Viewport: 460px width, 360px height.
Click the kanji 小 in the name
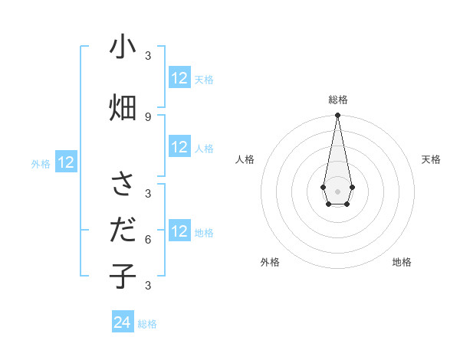[x=123, y=48]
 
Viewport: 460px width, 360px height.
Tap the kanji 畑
[x=123, y=107]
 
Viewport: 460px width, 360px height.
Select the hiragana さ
[x=123, y=185]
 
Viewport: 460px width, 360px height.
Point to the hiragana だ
[x=123, y=230]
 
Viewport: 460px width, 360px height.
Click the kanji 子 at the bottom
[x=123, y=276]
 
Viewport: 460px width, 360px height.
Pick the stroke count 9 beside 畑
[x=148, y=116]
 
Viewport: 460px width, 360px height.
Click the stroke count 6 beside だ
[x=148, y=239]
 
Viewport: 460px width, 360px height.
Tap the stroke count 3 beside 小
[x=148, y=56]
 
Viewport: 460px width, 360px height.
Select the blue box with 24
[x=123, y=323]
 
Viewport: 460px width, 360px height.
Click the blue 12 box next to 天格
[x=179, y=78]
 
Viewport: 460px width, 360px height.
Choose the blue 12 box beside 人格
[x=179, y=148]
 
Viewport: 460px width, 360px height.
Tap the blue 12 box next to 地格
[x=179, y=232]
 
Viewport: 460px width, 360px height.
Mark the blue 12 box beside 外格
[x=66, y=162]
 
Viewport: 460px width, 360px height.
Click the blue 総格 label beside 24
[x=147, y=324]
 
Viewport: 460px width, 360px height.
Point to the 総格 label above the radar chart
[x=338, y=100]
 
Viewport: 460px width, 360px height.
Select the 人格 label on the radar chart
[x=245, y=159]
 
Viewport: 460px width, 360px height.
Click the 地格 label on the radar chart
[x=402, y=262]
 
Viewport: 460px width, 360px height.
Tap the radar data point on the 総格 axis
[x=337, y=116]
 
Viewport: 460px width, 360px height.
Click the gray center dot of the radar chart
[x=337, y=191]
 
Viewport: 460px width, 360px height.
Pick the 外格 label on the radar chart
[x=270, y=262]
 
